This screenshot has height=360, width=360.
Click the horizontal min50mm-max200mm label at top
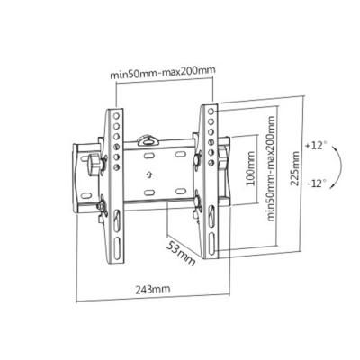(x=163, y=72)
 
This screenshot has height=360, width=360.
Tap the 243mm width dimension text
(x=153, y=289)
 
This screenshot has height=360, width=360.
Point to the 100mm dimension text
(x=250, y=168)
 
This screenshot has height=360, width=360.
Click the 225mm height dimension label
(x=294, y=168)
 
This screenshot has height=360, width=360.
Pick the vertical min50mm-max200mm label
(x=271, y=168)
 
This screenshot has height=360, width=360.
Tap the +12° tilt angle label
(x=315, y=146)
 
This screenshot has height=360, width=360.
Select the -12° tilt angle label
(x=316, y=183)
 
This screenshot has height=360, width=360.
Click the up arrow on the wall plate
(x=149, y=175)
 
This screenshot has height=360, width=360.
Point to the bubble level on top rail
(x=148, y=140)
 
